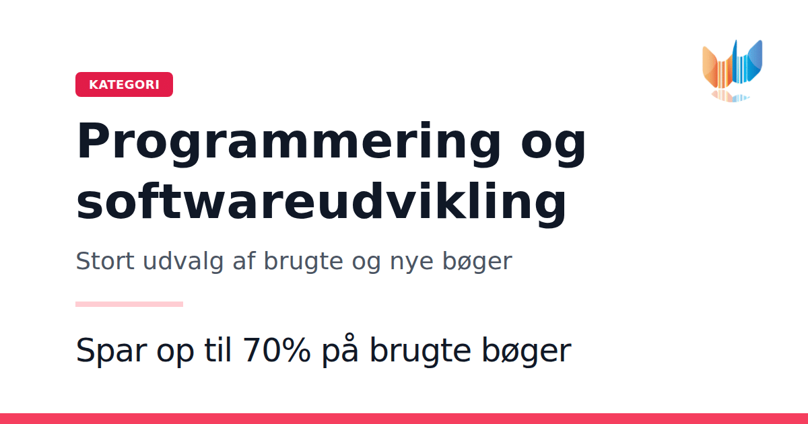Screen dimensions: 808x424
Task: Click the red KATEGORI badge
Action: [124, 84]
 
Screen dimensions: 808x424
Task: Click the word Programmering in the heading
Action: [289, 144]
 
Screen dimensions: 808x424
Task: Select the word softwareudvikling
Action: [321, 205]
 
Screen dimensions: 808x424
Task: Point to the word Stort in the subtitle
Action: [105, 260]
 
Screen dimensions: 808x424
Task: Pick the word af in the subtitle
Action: [244, 260]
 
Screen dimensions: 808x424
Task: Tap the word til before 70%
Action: [217, 349]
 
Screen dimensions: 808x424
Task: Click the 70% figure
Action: [277, 349]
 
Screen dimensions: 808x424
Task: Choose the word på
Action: [340, 351]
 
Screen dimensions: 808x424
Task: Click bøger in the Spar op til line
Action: [527, 351]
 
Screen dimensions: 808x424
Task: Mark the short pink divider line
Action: [129, 304]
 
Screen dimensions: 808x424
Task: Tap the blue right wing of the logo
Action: [755, 61]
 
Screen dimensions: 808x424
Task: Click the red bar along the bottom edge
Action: [404, 419]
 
